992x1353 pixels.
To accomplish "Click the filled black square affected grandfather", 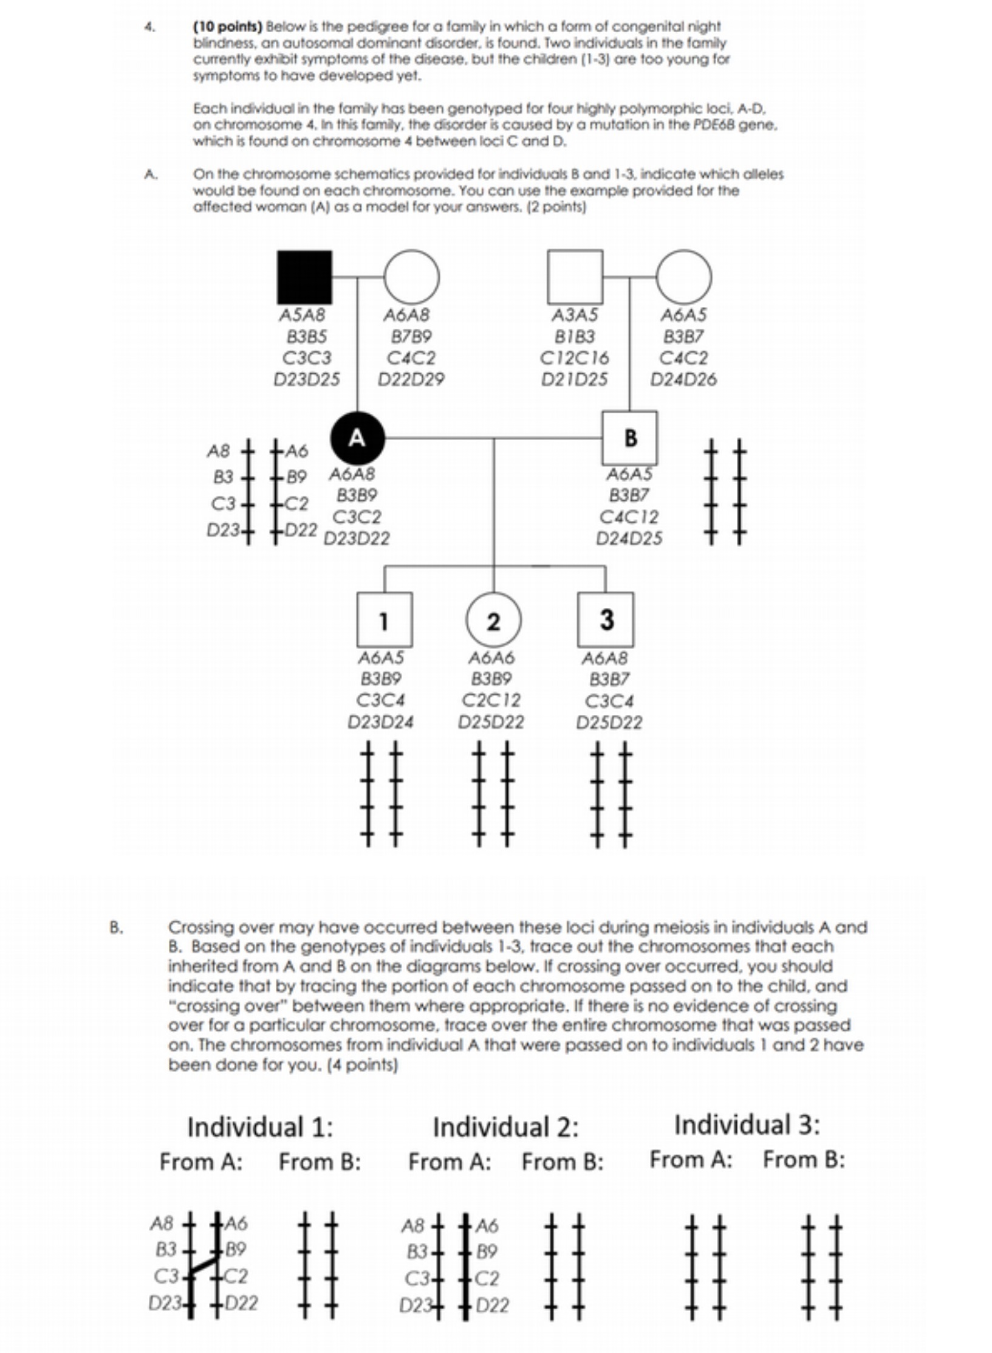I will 304,277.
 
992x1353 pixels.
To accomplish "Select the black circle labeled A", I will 357,438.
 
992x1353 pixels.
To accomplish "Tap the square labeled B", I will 629,438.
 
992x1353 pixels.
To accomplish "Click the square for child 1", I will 384,620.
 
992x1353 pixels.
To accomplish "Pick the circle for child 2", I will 493,620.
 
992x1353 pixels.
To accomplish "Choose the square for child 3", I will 605,620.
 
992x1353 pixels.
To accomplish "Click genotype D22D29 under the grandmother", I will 411,380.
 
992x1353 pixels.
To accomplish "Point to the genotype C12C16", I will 574,358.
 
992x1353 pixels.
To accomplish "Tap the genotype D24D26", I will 683,380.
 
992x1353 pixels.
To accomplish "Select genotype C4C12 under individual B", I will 629,517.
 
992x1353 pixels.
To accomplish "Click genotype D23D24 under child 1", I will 380,722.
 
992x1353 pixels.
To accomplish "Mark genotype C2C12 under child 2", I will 491,700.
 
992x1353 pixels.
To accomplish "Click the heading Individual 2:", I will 505,1127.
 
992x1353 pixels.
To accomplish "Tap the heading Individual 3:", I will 747,1124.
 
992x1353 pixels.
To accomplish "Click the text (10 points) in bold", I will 227,27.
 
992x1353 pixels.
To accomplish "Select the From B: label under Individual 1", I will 320,1162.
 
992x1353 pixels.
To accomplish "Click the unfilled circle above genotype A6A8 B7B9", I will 412,277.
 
